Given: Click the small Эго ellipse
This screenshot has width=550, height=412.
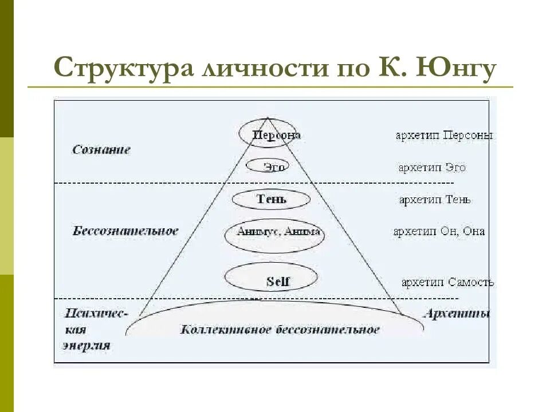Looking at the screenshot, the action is pyautogui.click(x=268, y=167).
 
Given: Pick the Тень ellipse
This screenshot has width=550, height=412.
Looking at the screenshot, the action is pyautogui.click(x=271, y=199).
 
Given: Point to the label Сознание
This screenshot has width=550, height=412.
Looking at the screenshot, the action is pyautogui.click(x=101, y=149).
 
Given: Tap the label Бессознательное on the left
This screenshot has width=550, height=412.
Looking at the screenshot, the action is pyautogui.click(x=125, y=231).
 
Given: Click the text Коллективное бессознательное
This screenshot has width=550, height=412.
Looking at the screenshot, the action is pyautogui.click(x=280, y=330).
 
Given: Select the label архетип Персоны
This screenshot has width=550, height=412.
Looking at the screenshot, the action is pyautogui.click(x=444, y=136).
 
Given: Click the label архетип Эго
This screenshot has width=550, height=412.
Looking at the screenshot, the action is pyautogui.click(x=432, y=168).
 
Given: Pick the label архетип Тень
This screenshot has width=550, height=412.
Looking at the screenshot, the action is pyautogui.click(x=435, y=200).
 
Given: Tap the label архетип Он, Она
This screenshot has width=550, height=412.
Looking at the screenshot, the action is pyautogui.click(x=439, y=232).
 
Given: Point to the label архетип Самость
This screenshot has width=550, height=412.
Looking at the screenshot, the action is pyautogui.click(x=447, y=283).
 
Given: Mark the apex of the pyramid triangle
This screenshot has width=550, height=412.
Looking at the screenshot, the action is pyautogui.click(x=267, y=118).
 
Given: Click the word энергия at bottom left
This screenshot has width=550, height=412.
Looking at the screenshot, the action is pyautogui.click(x=86, y=346).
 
